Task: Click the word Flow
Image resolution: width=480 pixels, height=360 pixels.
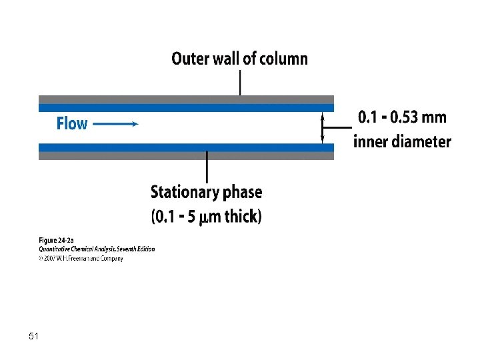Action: point(72,124)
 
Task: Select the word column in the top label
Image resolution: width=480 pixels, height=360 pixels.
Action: point(283,59)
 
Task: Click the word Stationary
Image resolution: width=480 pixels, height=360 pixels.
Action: point(185,193)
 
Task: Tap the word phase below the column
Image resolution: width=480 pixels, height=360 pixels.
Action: point(242,193)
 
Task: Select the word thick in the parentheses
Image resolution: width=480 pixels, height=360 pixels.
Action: point(241,216)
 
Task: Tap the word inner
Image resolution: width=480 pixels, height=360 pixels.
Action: point(370,141)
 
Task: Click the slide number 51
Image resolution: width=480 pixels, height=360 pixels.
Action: point(34,337)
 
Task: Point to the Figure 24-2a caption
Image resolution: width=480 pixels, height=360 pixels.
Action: point(57,240)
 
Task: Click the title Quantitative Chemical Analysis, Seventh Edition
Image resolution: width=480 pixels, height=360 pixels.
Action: point(96,249)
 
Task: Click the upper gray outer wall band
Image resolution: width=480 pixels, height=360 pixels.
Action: point(186,99)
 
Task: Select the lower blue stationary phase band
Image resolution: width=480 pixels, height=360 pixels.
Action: point(186,147)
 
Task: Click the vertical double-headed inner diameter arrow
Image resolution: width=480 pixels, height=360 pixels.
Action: point(323,127)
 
